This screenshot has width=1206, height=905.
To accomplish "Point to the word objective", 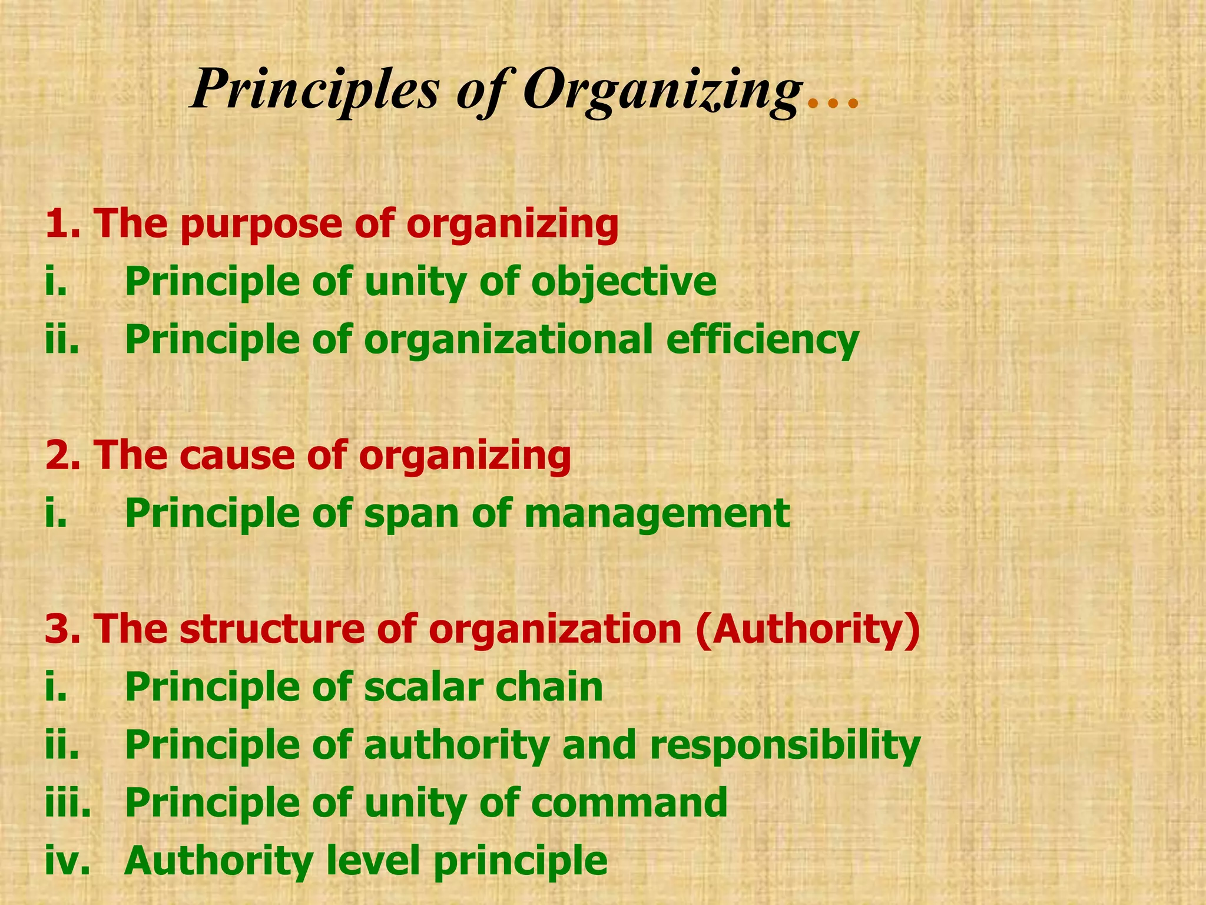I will pyautogui.click(x=624, y=282).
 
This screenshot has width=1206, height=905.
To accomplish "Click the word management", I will pyautogui.click(x=657, y=513).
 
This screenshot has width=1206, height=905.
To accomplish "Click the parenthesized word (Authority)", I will pyautogui.click(x=807, y=629).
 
